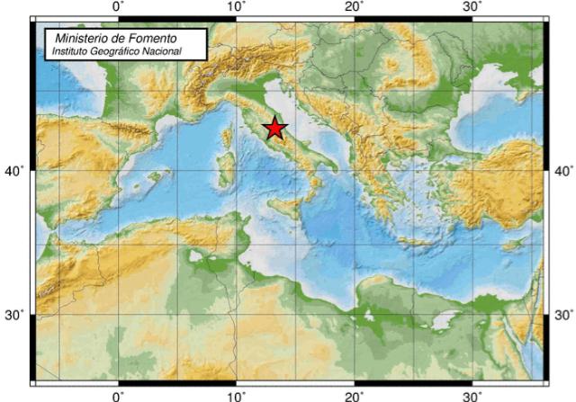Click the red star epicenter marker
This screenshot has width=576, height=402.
(x=275, y=129)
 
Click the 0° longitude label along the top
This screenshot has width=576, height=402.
(x=118, y=7)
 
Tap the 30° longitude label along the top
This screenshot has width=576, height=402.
(x=473, y=7)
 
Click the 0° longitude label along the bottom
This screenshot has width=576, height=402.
(x=118, y=395)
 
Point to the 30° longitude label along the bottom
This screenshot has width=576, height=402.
(x=473, y=395)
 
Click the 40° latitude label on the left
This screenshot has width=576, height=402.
(x=15, y=170)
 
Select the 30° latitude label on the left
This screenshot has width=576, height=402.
(x=15, y=315)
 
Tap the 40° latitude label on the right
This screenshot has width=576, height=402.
(x=562, y=170)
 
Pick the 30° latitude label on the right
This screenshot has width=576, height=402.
(x=562, y=315)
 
